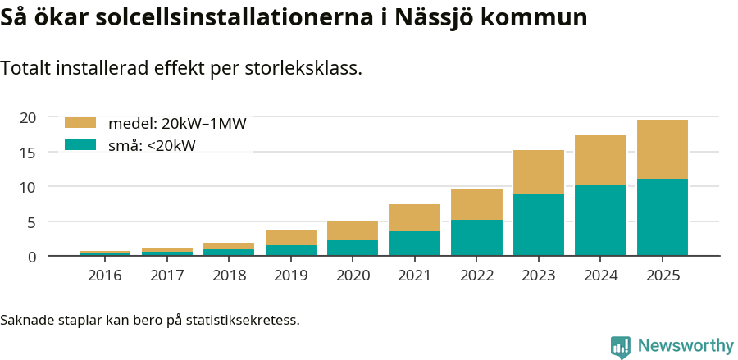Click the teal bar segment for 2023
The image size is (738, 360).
click(539, 225)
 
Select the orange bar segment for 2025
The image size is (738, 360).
click(663, 149)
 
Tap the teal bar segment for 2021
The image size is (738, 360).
click(415, 244)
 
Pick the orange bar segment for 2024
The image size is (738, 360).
click(600, 161)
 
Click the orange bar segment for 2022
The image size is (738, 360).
click(476, 205)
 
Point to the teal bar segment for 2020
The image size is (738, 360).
click(353, 248)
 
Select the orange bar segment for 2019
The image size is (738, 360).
click(291, 238)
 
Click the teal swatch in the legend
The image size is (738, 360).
click(80, 146)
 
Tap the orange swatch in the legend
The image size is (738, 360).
click(80, 124)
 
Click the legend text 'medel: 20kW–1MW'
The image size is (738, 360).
click(177, 124)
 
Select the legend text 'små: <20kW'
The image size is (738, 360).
click(152, 146)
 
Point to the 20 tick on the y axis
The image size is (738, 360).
click(28, 117)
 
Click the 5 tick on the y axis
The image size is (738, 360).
click(32, 222)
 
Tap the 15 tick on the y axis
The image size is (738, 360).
click(28, 153)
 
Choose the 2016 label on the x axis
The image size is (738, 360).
click(105, 276)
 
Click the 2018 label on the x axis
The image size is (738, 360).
click(229, 276)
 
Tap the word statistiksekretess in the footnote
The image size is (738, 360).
click(243, 319)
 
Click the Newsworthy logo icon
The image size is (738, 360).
click(621, 346)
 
